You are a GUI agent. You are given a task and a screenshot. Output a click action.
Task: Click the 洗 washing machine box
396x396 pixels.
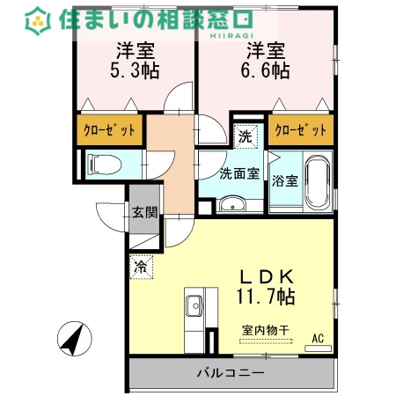(x=246, y=136)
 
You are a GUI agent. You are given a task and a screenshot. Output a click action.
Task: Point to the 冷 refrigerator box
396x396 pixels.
(x=141, y=263)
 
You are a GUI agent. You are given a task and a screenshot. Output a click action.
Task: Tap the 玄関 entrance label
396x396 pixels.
(x=144, y=211)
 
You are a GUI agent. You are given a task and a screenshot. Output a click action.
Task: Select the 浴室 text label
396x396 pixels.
(x=284, y=180)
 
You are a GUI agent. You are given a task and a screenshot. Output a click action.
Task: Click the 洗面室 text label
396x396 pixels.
(x=238, y=173)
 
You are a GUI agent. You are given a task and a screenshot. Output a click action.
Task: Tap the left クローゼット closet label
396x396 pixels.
(x=110, y=130)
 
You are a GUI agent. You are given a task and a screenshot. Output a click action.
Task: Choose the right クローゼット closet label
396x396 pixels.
(x=300, y=130)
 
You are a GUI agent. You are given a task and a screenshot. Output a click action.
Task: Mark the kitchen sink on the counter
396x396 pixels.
(x=194, y=307)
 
